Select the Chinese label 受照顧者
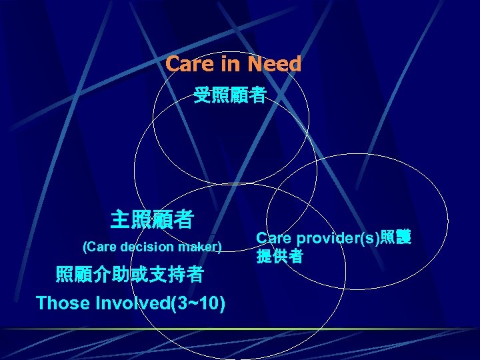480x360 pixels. (229, 97)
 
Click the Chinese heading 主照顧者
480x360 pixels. (152, 218)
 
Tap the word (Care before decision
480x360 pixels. (99, 247)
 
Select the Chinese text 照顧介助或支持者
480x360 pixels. (130, 274)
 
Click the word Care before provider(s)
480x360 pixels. (273, 238)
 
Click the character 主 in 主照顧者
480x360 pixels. (121, 218)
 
